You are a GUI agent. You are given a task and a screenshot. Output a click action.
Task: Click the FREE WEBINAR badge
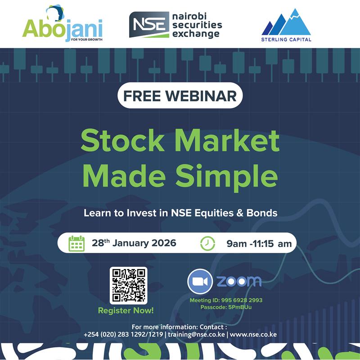180,96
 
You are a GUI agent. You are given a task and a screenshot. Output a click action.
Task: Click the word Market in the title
228,142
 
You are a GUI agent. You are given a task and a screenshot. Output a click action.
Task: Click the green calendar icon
76,243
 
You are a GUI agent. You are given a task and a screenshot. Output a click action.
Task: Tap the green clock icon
207,243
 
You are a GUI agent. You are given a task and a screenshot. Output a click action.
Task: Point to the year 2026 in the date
160,243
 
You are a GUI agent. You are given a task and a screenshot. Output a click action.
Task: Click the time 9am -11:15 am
259,244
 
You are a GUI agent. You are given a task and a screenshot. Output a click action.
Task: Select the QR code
128,285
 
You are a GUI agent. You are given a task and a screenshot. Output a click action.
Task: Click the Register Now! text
126,310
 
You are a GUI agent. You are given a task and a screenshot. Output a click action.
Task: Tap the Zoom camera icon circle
200,281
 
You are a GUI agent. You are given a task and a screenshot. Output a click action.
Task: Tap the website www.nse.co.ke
253,335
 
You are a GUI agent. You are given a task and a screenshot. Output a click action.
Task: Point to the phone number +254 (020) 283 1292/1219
123,335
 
